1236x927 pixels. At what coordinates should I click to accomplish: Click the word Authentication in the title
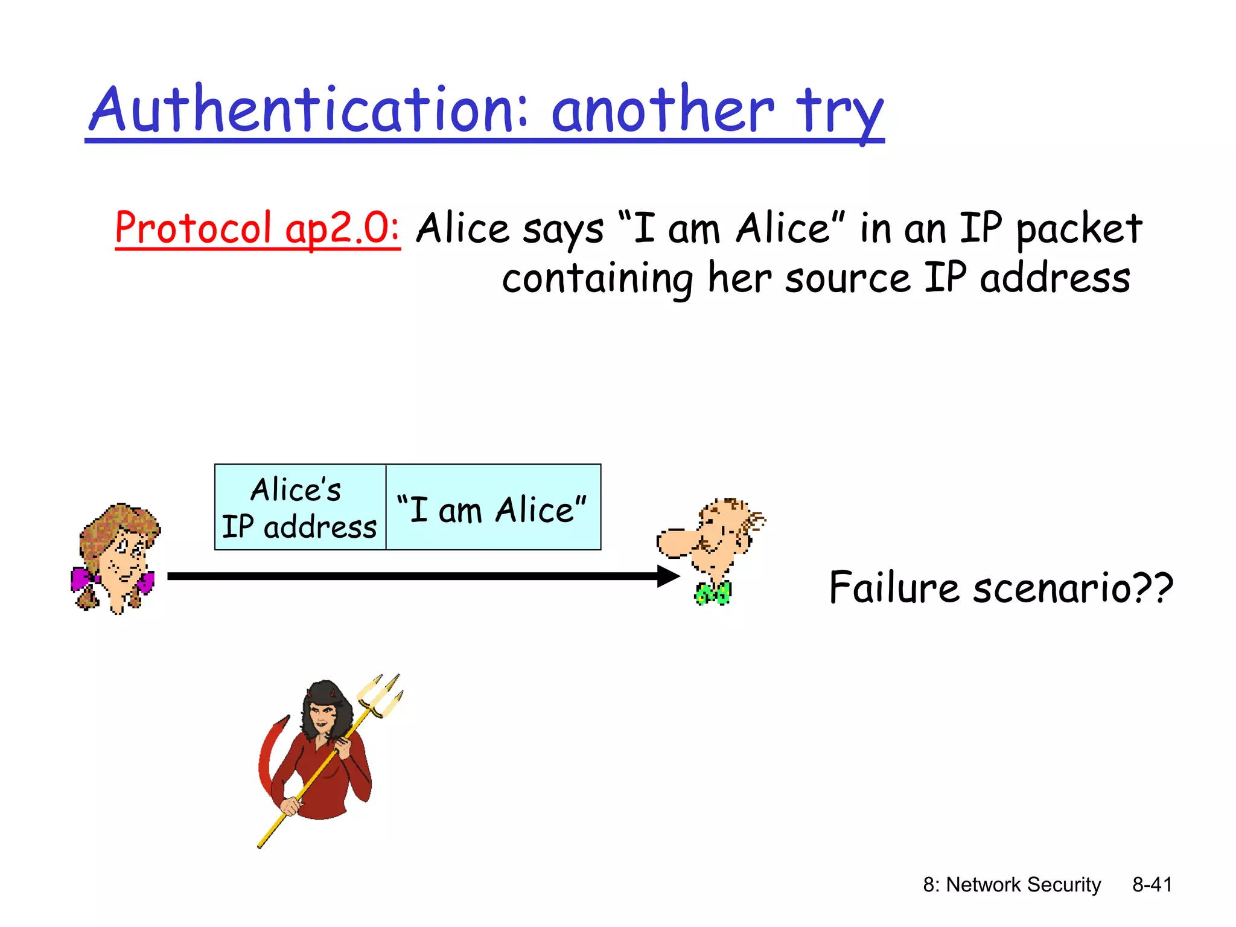[308, 110]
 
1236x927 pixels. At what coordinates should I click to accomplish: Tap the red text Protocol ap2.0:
[258, 228]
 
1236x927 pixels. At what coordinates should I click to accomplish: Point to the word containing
[597, 279]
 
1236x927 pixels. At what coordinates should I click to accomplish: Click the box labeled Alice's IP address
[300, 507]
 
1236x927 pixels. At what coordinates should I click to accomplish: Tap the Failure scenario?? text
[1001, 588]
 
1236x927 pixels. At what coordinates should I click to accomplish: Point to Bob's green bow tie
[713, 593]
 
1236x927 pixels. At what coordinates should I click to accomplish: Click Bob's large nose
[675, 542]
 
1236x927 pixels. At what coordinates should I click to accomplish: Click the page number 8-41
[1152, 885]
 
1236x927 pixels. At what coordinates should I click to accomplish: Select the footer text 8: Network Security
[1011, 885]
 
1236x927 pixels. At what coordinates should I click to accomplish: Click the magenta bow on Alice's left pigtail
[83, 578]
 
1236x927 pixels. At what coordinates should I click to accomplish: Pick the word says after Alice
[562, 229]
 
